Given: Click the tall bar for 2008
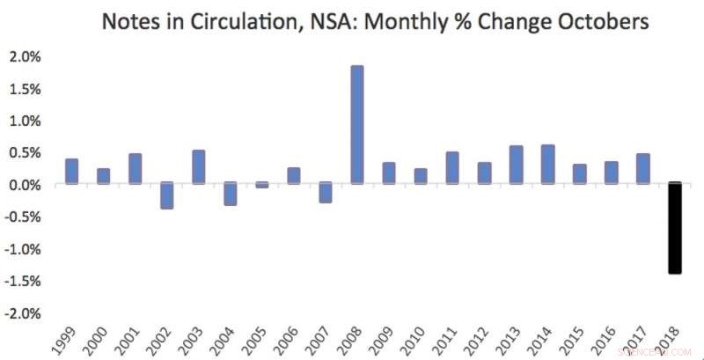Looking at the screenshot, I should tap(357, 125).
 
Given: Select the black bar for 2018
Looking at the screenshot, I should tap(674, 228).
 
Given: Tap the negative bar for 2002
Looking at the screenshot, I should tap(166, 195).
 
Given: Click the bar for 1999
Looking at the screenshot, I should tap(71, 172).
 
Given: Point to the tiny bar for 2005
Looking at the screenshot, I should tap(262, 185).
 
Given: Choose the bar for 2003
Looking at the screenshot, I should tap(198, 167).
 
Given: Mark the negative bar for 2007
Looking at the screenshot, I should tap(326, 193).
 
